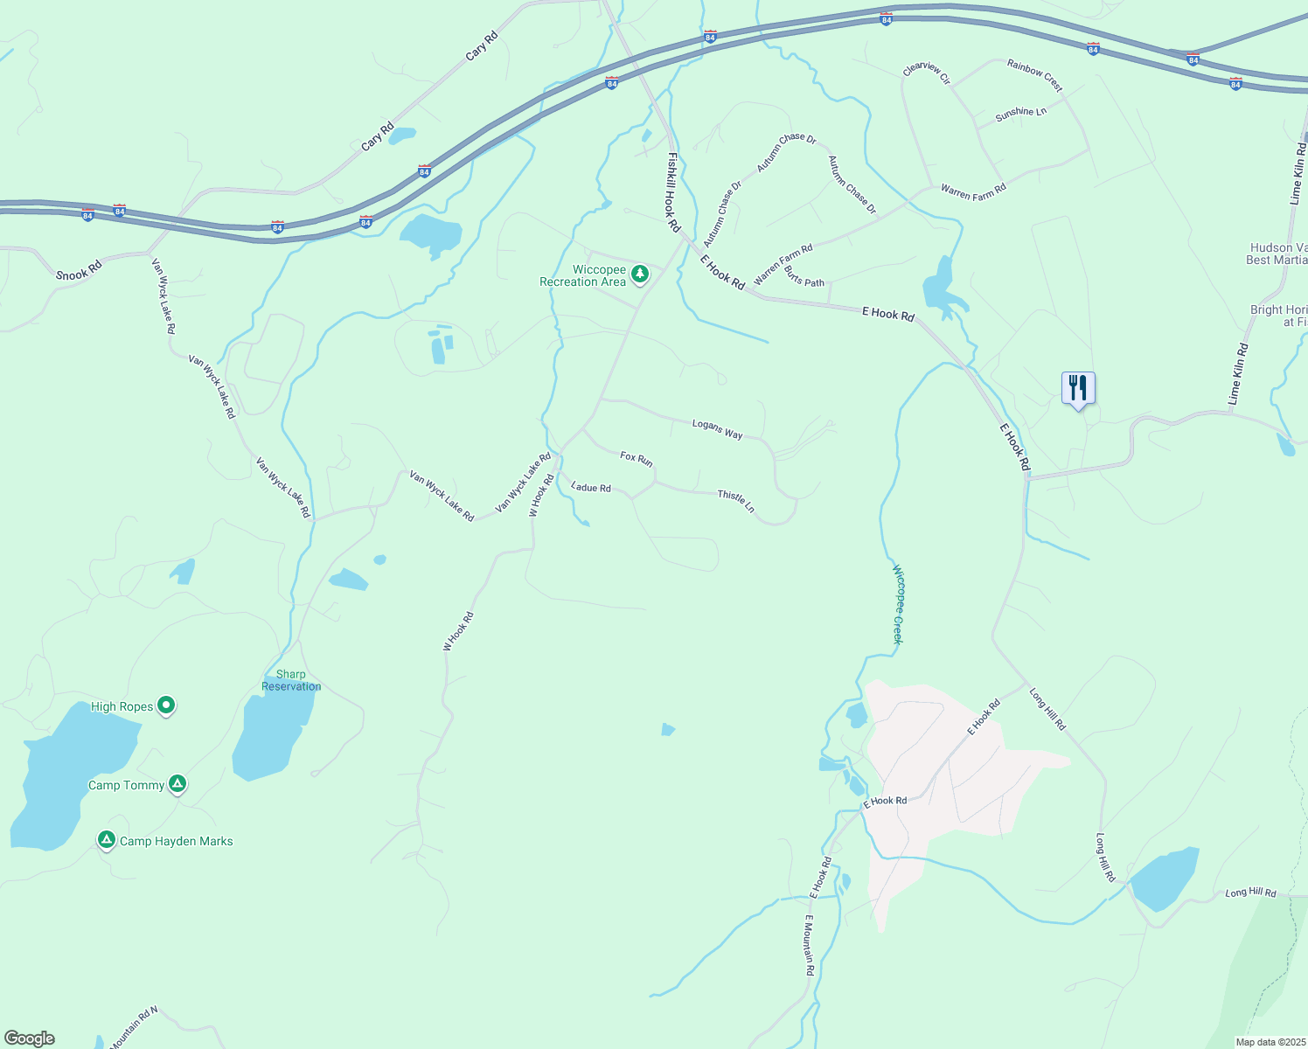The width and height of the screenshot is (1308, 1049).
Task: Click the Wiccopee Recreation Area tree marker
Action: (640, 274)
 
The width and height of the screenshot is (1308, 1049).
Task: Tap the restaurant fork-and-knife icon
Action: (1078, 387)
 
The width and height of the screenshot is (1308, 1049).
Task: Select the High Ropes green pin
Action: (166, 705)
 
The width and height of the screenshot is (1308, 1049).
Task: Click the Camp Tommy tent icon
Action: (177, 784)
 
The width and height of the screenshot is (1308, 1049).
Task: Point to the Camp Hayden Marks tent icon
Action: (107, 840)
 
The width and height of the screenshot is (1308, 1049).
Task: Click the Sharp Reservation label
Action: (291, 680)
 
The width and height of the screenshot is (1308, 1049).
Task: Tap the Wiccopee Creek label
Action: (897, 604)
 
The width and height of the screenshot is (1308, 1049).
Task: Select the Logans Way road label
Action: (717, 428)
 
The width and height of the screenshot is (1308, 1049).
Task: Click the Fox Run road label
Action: (637, 458)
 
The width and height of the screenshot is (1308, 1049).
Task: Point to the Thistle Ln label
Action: (736, 501)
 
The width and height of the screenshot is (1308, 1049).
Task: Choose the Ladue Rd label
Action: (591, 487)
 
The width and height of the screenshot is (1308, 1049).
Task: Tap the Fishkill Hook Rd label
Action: (672, 192)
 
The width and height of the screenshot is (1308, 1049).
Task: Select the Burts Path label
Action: (804, 277)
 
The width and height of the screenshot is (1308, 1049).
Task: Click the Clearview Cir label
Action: (927, 73)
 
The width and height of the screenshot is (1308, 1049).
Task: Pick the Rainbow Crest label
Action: (1034, 75)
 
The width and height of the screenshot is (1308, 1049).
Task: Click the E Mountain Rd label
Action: (810, 944)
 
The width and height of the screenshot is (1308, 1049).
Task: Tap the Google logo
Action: (30, 1038)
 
